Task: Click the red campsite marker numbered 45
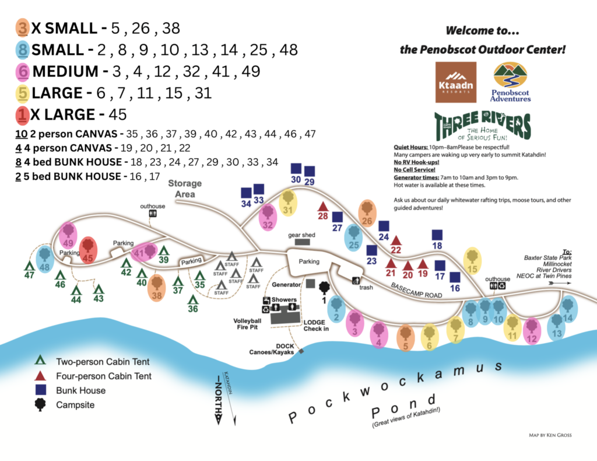pos(88,250)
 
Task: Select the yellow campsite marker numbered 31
pos(288,202)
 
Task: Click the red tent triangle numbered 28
pos(323,207)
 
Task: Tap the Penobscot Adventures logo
pos(510,82)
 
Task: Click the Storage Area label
pos(185,188)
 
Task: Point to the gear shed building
pos(303,242)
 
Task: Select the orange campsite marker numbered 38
pos(156,288)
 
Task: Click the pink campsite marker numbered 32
pos(268,217)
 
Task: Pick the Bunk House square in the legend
pos(40,390)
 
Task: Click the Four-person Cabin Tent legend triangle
pos(40,376)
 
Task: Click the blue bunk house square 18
pos(438,235)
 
